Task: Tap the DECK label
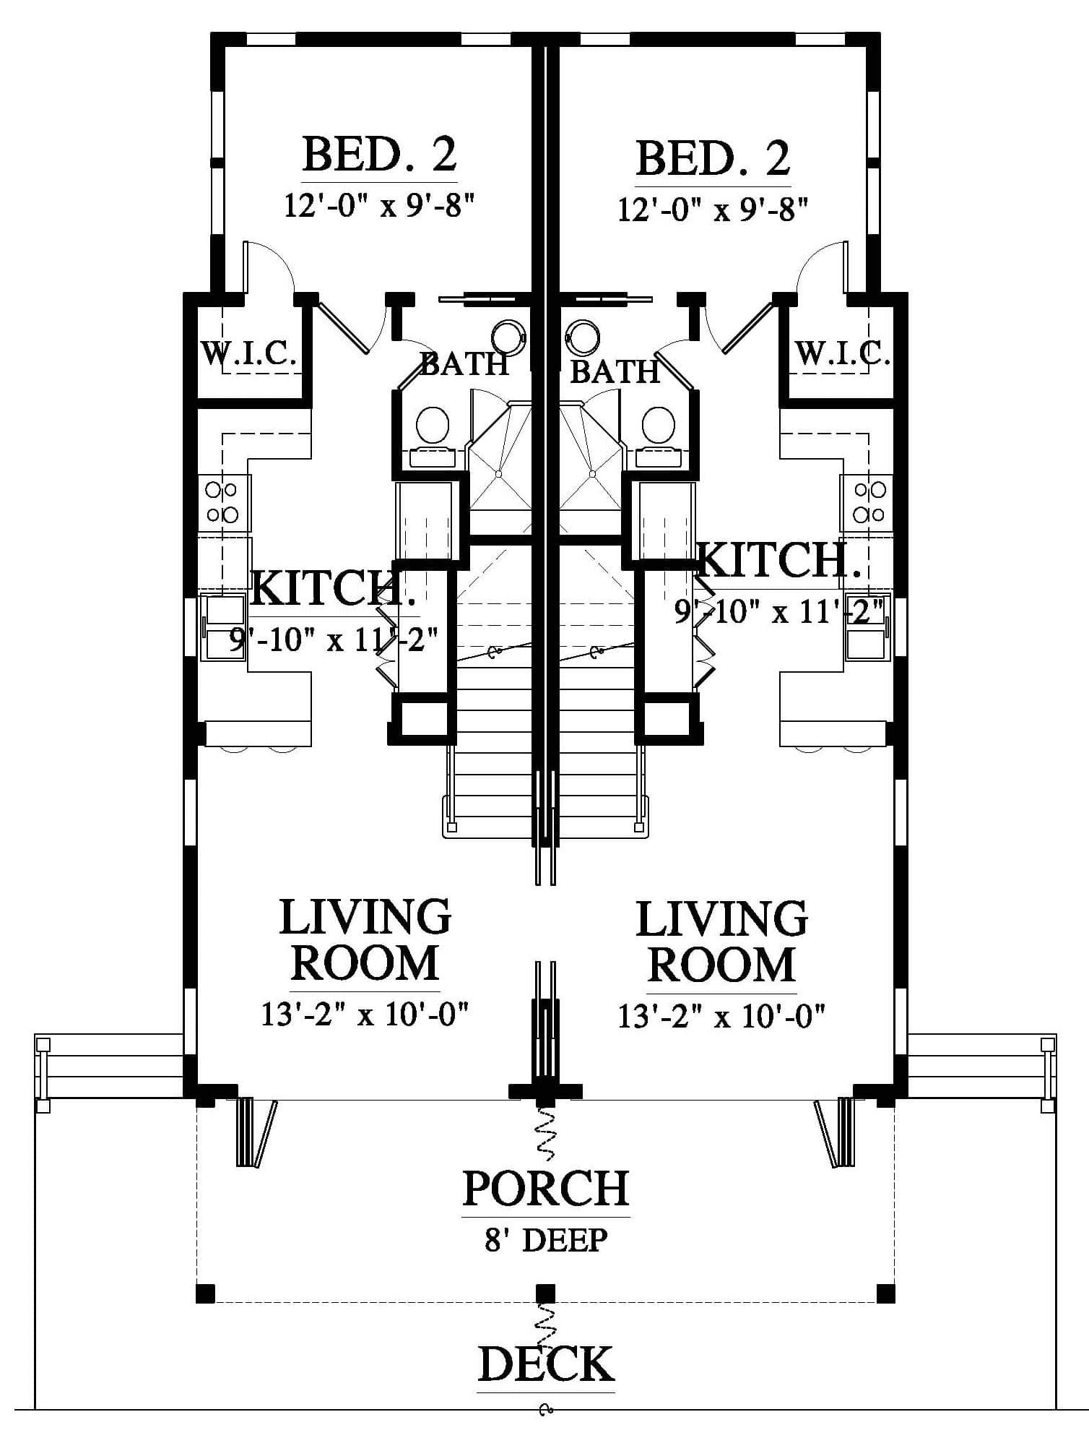click(x=546, y=1364)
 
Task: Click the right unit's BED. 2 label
click(x=713, y=158)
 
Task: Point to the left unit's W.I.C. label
click(x=248, y=354)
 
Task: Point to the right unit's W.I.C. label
click(x=842, y=353)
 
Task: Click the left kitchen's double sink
click(x=224, y=627)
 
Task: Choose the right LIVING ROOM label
click(x=721, y=942)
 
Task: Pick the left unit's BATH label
click(x=464, y=363)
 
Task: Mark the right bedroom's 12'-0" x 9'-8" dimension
click(x=712, y=210)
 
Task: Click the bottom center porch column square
click(x=546, y=1293)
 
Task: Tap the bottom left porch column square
click(x=206, y=1293)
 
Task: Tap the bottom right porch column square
click(x=885, y=1293)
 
